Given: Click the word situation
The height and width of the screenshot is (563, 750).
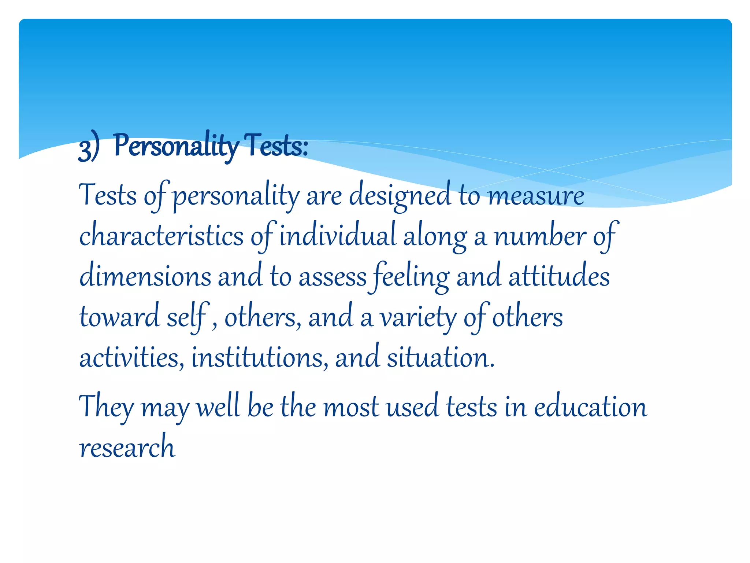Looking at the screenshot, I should pos(441,357).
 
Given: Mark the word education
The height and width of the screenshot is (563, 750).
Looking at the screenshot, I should pos(590,407).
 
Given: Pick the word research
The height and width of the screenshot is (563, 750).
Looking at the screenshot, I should pos(127,447).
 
